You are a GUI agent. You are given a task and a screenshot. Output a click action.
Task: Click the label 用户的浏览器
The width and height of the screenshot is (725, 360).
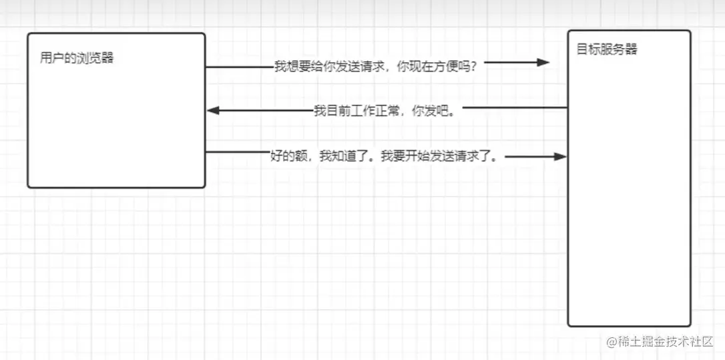(77, 57)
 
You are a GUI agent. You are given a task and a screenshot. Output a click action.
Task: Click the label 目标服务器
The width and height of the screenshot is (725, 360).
(607, 49)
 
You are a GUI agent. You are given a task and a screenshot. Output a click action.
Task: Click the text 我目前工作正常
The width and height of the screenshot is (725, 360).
(356, 111)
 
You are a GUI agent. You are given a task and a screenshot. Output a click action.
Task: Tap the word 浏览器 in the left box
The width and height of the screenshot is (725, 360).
(95, 57)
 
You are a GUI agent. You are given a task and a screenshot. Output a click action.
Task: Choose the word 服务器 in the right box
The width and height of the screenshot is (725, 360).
(618, 49)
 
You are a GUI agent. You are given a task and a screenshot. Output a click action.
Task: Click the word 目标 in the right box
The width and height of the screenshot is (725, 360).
(588, 49)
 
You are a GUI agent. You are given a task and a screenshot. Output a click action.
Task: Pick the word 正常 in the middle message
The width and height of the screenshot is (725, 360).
(387, 111)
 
